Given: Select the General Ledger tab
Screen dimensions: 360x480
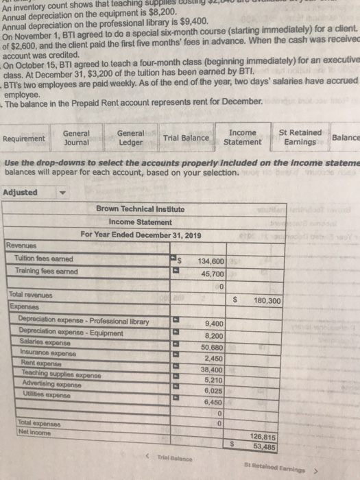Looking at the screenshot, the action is (130, 138).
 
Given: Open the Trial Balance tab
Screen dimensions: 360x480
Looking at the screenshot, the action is (186, 138).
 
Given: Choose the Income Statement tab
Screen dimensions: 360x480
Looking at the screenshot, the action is (243, 137).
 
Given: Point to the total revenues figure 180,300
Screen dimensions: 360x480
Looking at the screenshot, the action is (266, 300).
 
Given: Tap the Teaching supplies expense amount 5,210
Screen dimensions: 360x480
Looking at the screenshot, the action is (212, 379).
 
